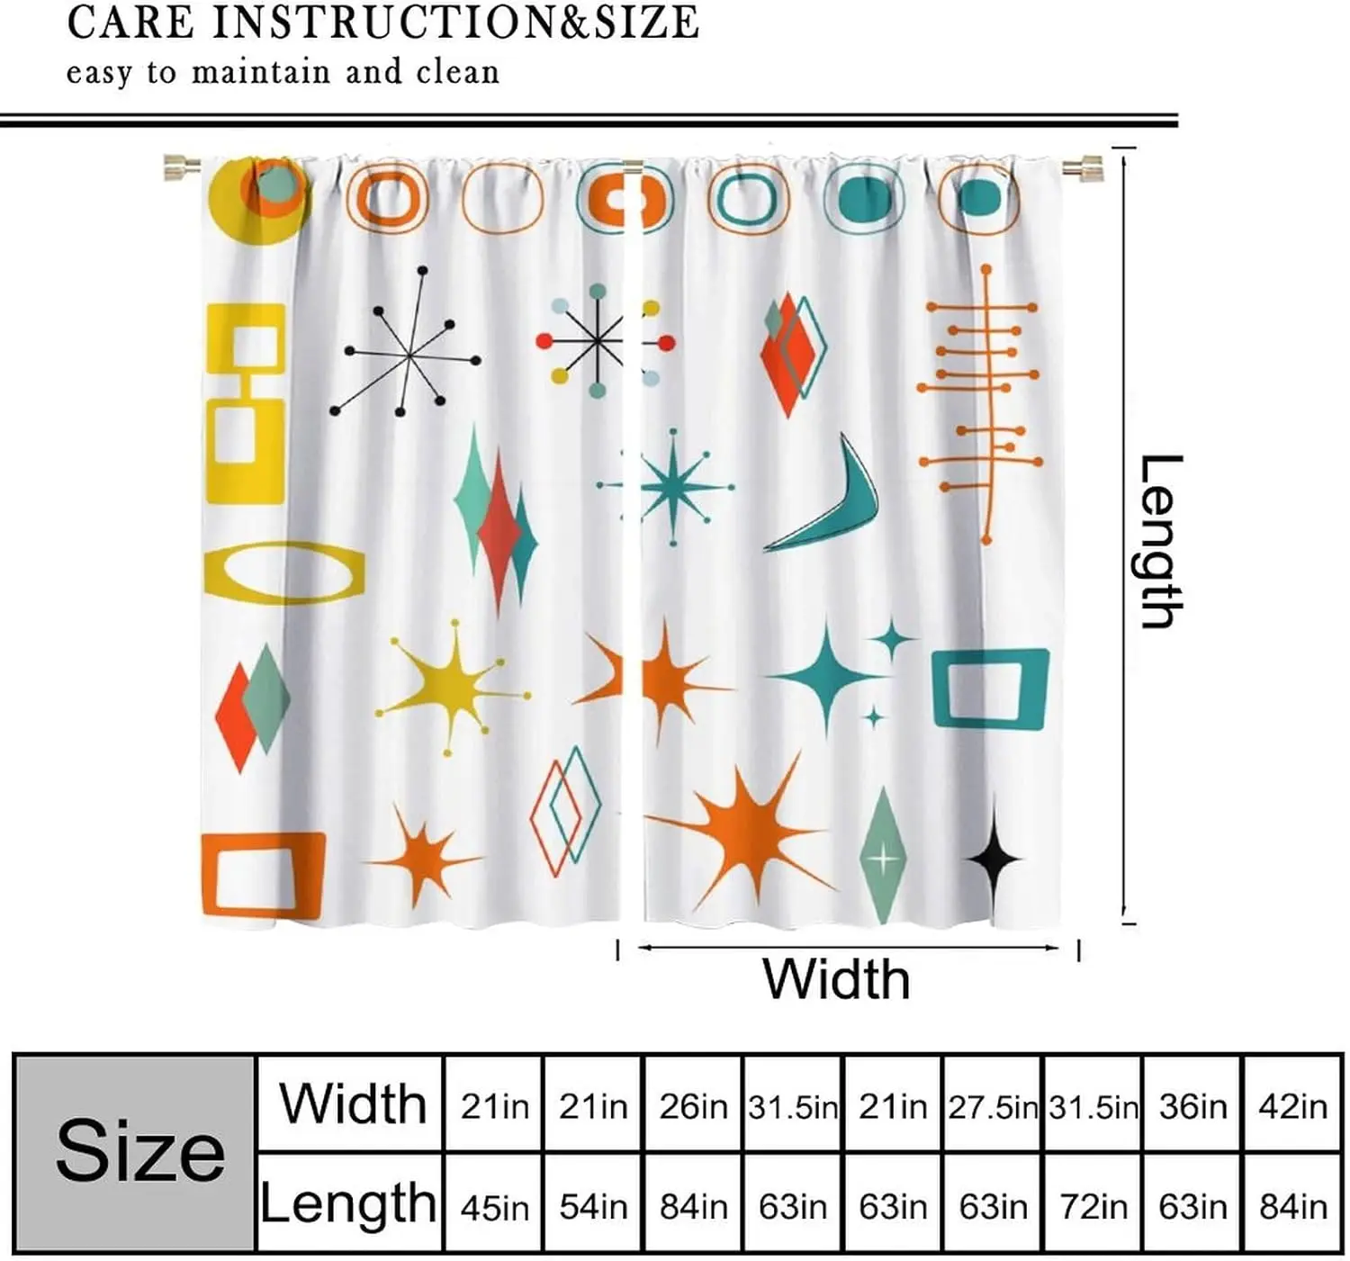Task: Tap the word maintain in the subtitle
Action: point(261,72)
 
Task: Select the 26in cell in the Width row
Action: point(693,1106)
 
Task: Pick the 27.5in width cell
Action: point(993,1106)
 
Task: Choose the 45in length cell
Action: point(494,1207)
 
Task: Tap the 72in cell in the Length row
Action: point(1093,1207)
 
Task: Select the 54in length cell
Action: point(593,1207)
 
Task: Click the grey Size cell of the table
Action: point(136,1154)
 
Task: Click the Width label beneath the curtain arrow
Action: point(835,979)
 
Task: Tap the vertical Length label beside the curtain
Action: point(1161,542)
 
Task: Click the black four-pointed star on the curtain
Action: point(994,858)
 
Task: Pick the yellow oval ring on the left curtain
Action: point(284,572)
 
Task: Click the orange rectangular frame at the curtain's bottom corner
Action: point(264,873)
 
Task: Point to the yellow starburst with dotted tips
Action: point(451,688)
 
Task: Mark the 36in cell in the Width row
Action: point(1193,1106)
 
